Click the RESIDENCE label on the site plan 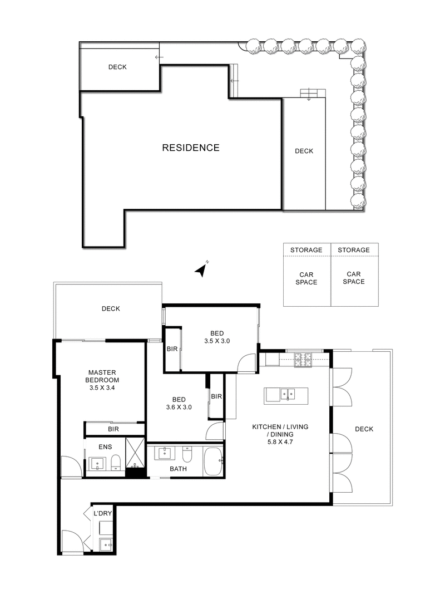(190, 148)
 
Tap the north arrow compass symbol (201, 270)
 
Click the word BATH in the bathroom (178, 469)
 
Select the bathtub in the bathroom (213, 461)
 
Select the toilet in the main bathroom (187, 455)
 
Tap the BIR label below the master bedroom (113, 430)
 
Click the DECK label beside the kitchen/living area (364, 429)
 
